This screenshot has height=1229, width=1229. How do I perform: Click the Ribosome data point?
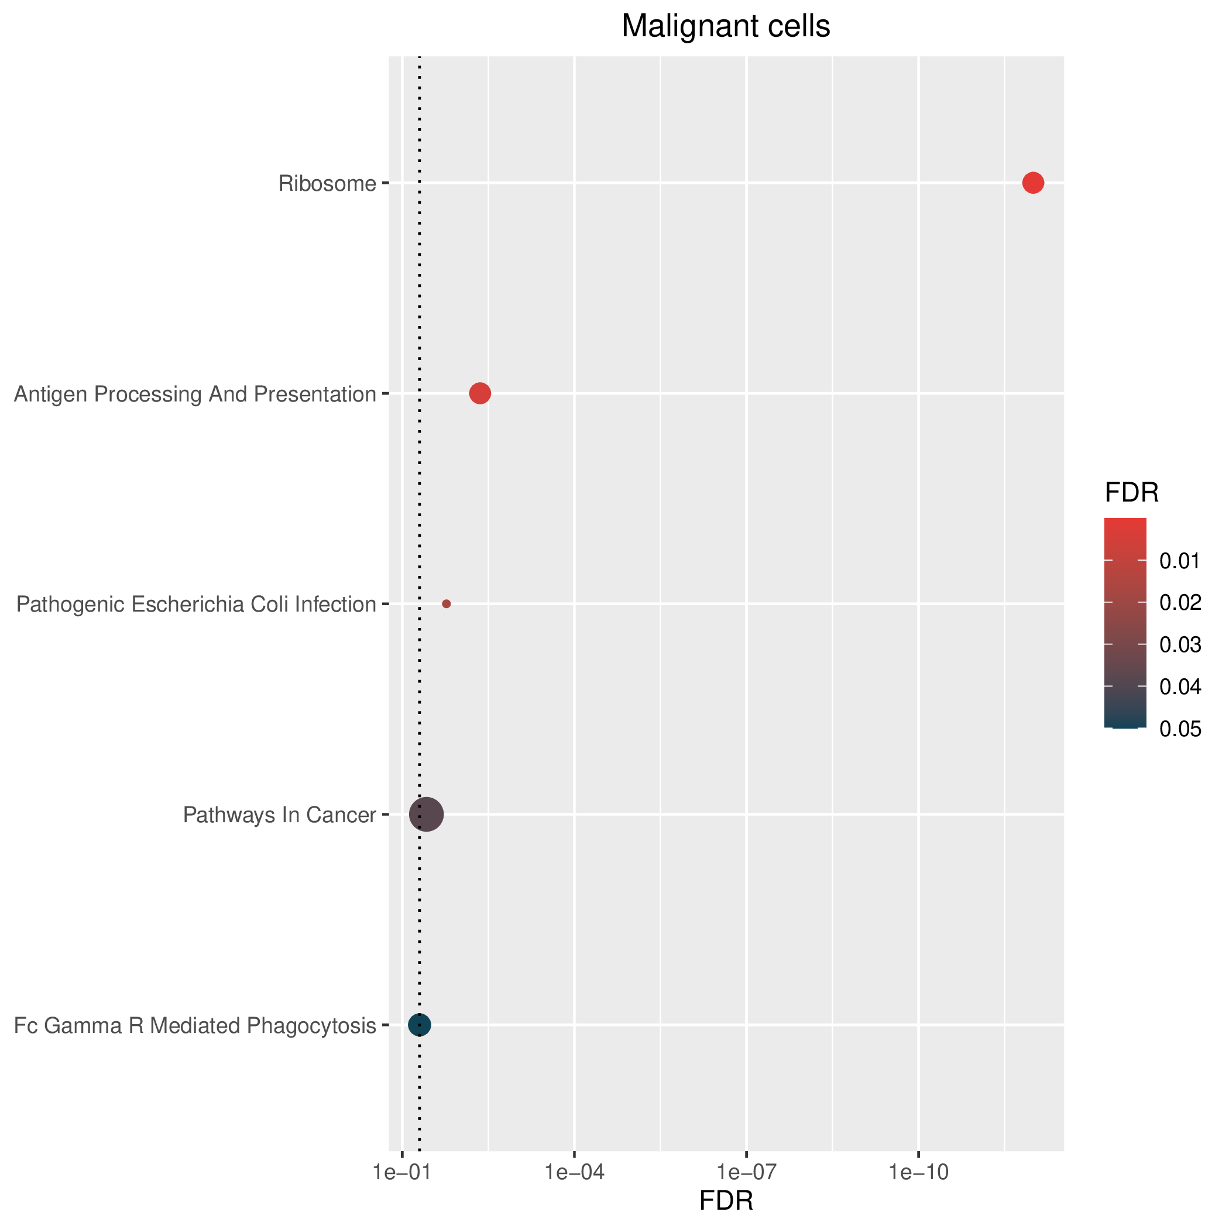[x=1033, y=183]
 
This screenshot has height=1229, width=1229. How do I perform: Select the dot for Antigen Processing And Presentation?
[x=480, y=394]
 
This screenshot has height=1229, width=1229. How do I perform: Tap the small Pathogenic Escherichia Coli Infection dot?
[x=447, y=604]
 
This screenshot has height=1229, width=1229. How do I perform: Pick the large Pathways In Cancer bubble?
[x=426, y=814]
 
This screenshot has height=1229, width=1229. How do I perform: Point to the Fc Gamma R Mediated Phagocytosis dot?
[x=419, y=1025]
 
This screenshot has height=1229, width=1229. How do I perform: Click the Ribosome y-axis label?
[x=328, y=184]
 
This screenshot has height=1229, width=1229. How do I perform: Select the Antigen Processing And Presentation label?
[x=195, y=395]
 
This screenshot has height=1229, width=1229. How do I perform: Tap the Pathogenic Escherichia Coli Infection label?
[x=197, y=605]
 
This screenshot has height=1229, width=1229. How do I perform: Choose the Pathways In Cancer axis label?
[x=280, y=815]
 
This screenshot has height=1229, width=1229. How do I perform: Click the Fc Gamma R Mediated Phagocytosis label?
[x=195, y=1026]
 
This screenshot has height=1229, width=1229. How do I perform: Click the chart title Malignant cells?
[x=726, y=27]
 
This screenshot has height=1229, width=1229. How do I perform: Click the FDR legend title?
[x=1132, y=493]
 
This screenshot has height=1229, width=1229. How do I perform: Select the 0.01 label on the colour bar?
[x=1180, y=561]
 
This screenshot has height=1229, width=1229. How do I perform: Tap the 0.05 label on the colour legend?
[x=1180, y=729]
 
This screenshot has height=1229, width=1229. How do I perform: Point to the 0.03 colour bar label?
[x=1180, y=645]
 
